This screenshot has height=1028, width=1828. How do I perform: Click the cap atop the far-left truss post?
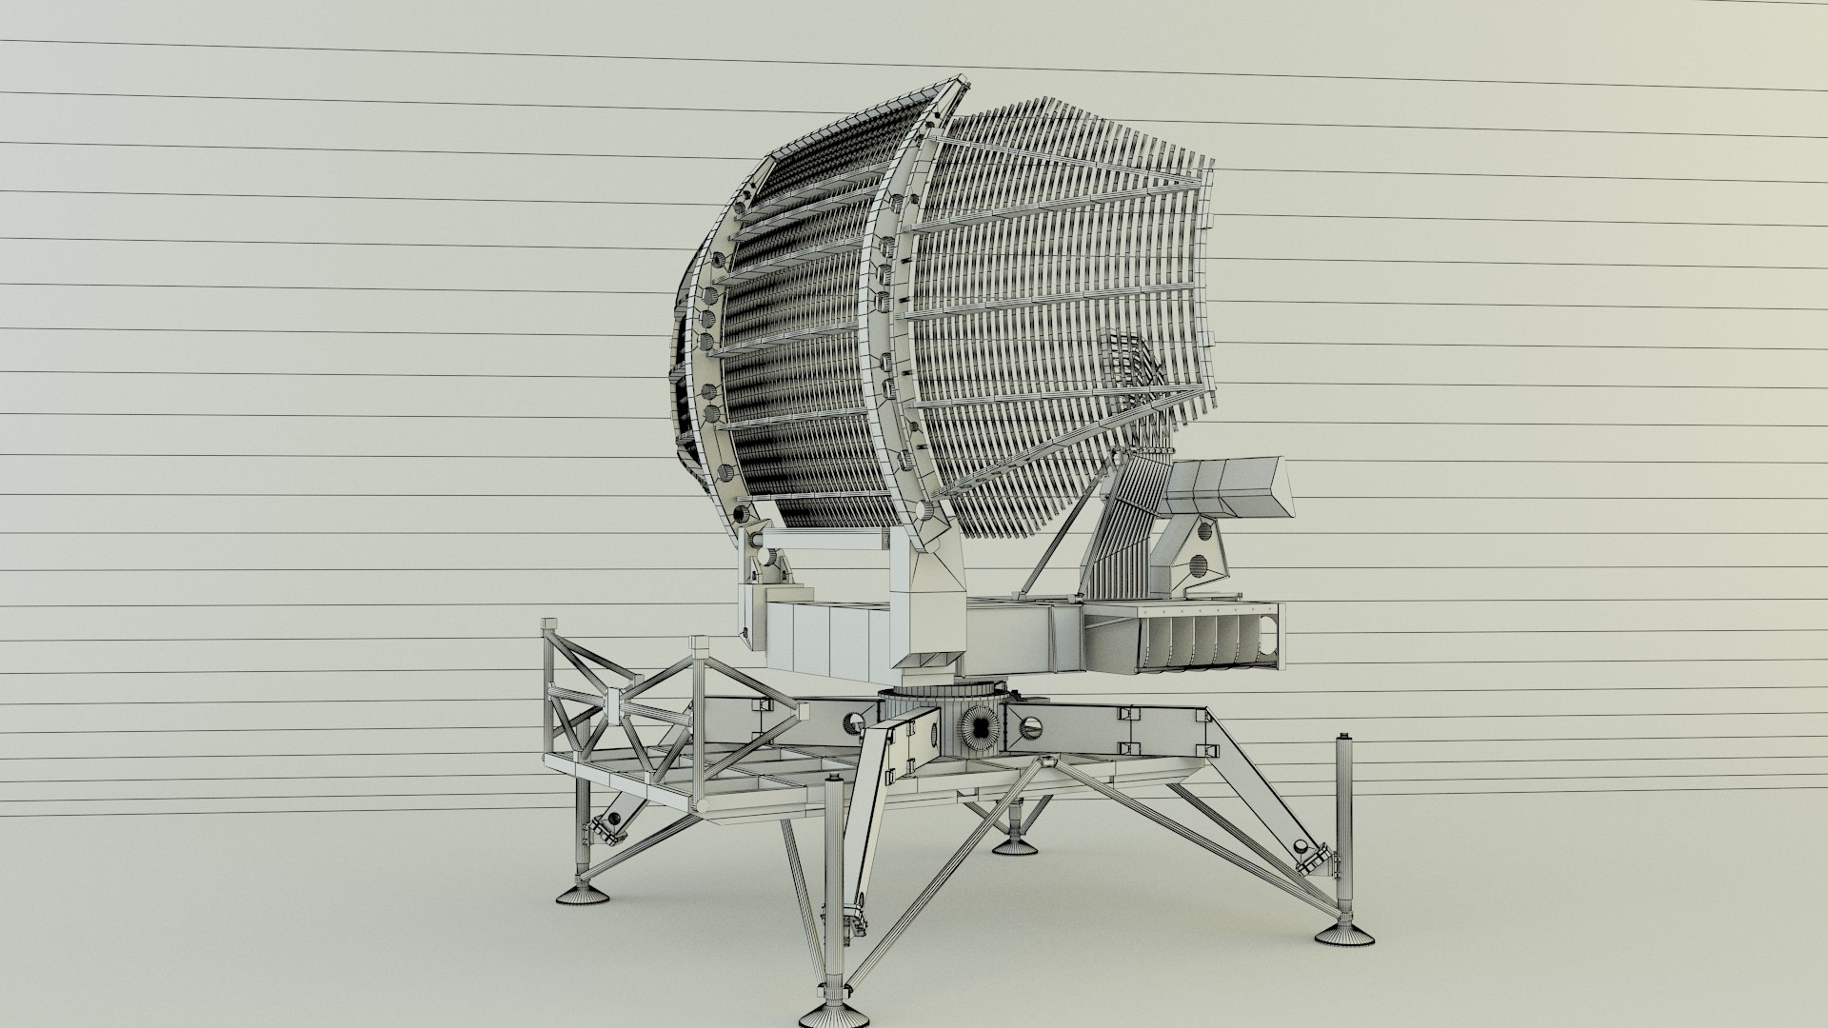[x=549, y=625]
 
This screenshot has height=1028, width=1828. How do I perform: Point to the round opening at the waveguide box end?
[x=1267, y=628]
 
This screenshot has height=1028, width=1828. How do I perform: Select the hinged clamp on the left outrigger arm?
[x=604, y=829]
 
